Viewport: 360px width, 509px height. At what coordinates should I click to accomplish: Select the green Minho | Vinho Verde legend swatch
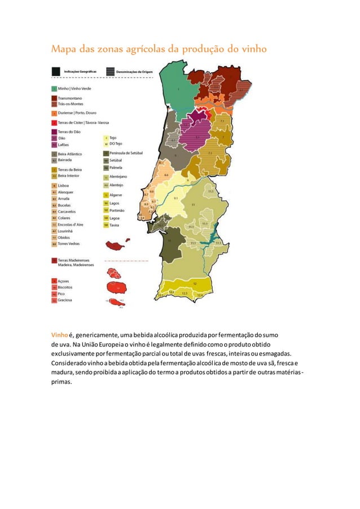click(54, 89)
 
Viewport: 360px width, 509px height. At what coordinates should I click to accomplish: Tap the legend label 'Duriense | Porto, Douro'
click(80, 113)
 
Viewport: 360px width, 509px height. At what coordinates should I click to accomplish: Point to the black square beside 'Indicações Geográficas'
click(55, 72)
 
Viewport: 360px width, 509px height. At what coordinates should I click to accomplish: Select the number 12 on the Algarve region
click(195, 283)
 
